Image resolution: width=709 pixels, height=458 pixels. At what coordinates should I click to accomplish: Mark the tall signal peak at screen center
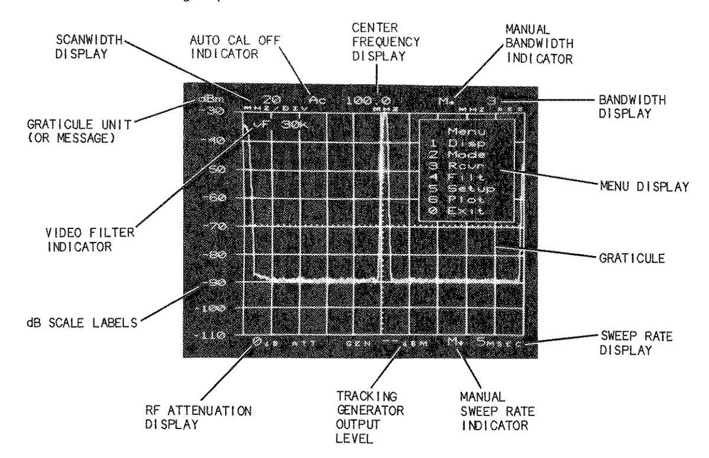click(385, 178)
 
